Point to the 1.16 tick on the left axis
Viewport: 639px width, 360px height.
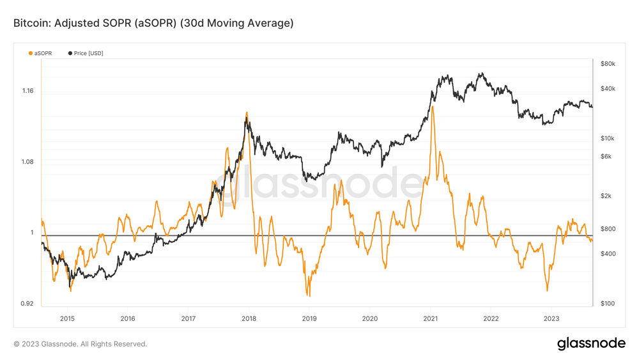[x=27, y=91]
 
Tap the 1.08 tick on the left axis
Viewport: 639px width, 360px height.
[x=27, y=162]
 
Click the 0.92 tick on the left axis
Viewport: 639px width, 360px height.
[x=27, y=303]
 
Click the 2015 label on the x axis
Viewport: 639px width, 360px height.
[x=67, y=318]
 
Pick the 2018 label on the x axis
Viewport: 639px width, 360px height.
[x=249, y=318]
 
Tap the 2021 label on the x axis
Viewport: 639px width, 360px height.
[x=430, y=318]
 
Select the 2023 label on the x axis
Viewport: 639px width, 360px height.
[x=551, y=318]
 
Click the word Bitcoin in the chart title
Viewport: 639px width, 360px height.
[x=31, y=24]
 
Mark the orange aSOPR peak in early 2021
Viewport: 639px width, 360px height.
[x=433, y=107]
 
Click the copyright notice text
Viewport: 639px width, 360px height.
[x=80, y=344]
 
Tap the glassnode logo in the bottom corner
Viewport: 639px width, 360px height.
[x=591, y=343]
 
